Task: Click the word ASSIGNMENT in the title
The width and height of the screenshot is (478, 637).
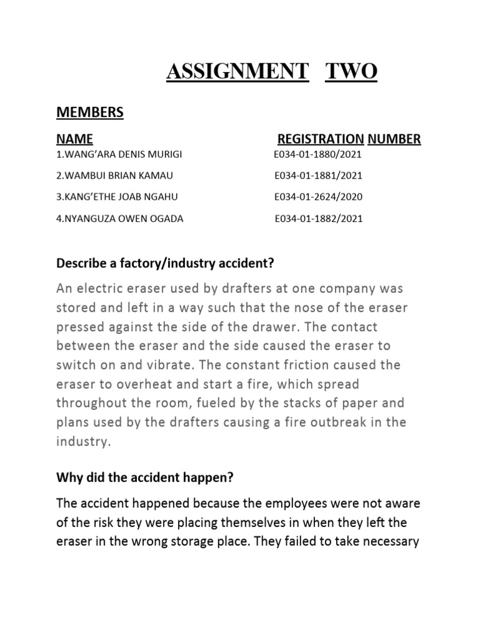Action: tap(237, 72)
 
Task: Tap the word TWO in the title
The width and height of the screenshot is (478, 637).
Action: tap(352, 72)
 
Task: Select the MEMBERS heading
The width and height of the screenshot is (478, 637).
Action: tap(90, 112)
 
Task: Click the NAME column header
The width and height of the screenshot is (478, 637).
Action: tap(75, 139)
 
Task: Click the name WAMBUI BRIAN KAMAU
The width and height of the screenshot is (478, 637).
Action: tap(115, 175)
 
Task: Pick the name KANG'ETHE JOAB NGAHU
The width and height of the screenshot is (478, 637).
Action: tap(117, 197)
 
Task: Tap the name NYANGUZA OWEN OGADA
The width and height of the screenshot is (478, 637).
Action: tap(120, 219)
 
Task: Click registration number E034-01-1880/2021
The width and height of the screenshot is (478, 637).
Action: tap(317, 154)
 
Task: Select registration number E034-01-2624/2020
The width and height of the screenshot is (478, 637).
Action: tap(318, 197)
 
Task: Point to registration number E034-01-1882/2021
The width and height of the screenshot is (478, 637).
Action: tap(319, 219)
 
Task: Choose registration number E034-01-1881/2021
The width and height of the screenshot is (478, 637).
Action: tap(318, 175)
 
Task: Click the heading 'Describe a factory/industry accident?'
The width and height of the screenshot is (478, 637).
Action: tap(165, 264)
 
